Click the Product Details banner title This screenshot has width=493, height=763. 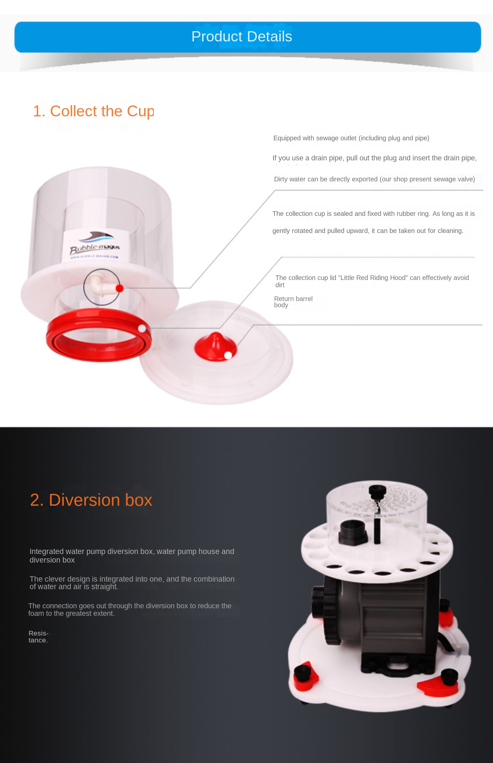point(242,36)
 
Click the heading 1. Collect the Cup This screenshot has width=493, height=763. point(93,111)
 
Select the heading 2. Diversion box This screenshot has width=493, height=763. point(91,500)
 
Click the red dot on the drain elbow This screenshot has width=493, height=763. point(120,288)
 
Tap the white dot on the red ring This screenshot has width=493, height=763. point(142,328)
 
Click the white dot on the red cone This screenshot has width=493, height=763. point(228,355)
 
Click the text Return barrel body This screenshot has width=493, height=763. point(293,302)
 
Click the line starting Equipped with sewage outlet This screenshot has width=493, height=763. point(351,138)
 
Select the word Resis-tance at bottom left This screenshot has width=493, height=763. point(38,636)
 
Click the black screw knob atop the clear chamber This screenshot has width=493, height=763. point(377,491)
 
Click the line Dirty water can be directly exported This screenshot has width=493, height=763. point(374,179)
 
